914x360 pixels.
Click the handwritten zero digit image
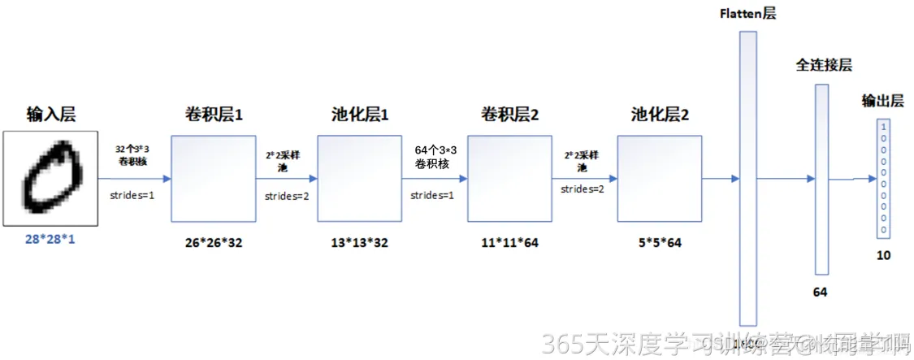coord(50,178)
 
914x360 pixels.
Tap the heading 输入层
coord(50,114)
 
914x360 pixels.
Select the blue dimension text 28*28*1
coord(50,240)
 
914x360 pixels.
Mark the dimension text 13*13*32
coord(359,242)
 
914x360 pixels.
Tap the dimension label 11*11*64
coord(509,242)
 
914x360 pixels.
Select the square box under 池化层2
coord(659,179)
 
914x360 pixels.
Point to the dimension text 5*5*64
coord(660,242)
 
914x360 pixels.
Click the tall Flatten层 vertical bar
coord(748,178)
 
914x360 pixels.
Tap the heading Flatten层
coord(747,15)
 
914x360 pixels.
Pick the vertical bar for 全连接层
coord(821,180)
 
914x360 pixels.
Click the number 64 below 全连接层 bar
coord(820,291)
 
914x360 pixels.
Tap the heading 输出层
coord(883,102)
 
